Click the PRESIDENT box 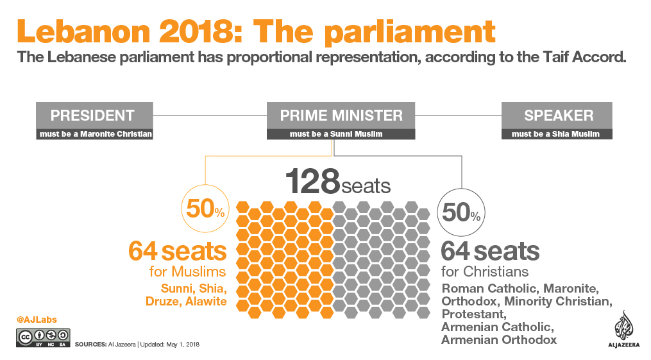[92, 116]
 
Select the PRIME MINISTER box [341, 116]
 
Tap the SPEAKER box [558, 116]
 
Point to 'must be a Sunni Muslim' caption [335, 134]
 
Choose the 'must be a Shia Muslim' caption [556, 134]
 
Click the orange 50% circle [205, 209]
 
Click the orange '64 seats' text [178, 250]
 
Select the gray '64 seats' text [490, 250]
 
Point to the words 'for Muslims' [187, 271]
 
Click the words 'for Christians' [485, 271]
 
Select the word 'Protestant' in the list [474, 314]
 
